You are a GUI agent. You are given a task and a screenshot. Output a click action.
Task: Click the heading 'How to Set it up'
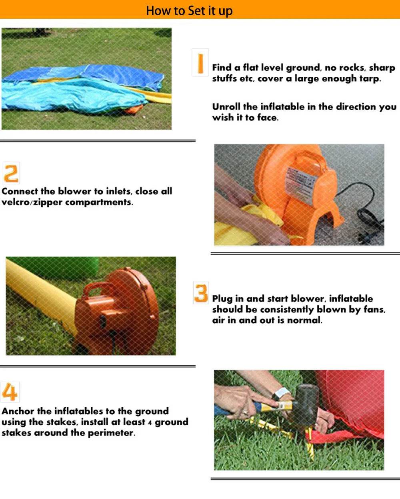189,11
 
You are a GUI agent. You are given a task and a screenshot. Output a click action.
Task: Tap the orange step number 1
200,63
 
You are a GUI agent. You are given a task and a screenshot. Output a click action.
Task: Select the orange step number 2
11,173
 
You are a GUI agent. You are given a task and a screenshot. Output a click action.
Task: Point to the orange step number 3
201,293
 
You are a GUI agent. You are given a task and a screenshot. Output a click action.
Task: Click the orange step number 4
10,392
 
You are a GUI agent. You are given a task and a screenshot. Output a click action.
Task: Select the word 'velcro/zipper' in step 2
32,202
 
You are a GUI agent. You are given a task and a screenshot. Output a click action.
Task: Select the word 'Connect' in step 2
20,191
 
